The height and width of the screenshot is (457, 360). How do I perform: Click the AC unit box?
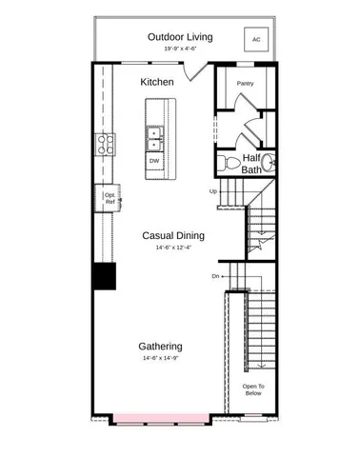(255, 40)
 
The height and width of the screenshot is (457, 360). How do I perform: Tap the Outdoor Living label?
(180, 37)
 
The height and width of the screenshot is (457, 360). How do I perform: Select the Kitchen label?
(157, 82)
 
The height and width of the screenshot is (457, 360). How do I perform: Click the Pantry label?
(245, 83)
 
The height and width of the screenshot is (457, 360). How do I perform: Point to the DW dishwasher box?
(153, 162)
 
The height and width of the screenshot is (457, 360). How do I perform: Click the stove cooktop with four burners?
(106, 145)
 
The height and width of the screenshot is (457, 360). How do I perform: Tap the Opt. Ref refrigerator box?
(110, 200)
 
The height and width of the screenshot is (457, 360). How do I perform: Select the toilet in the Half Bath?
(230, 164)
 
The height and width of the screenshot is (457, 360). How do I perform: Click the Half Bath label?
(252, 164)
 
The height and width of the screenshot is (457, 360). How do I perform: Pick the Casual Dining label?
(174, 235)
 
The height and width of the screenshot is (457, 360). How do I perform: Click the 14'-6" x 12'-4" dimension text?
(174, 248)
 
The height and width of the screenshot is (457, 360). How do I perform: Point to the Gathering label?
(161, 347)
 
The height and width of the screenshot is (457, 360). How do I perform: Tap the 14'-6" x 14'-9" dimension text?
(161, 359)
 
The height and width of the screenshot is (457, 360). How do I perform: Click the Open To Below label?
(253, 388)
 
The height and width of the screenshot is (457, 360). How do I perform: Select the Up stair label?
(212, 191)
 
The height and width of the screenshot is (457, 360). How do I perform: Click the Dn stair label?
(216, 276)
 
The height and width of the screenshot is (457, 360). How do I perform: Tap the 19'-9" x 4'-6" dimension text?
(180, 49)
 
